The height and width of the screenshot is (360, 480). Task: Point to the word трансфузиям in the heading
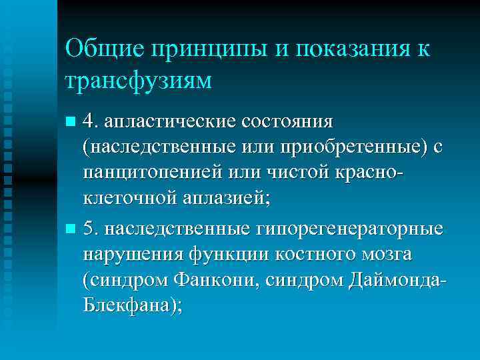pos(139,80)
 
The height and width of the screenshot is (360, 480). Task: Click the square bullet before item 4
pos(71,123)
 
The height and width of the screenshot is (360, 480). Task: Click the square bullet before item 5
pos(71,229)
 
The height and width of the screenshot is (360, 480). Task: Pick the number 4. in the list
pos(91,121)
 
